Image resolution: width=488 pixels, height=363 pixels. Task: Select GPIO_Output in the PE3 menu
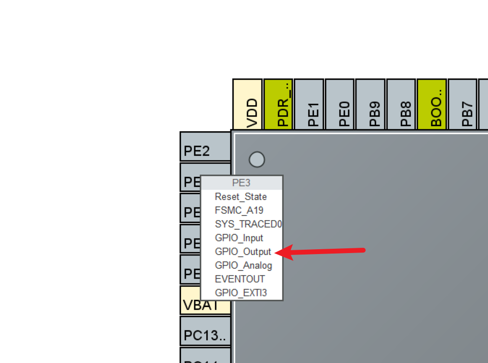[x=243, y=252]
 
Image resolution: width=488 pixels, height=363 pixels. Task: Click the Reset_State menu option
[x=240, y=197]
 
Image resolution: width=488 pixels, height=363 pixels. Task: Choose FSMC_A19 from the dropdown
[x=239, y=210]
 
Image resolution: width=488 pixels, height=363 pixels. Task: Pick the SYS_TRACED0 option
[x=248, y=224]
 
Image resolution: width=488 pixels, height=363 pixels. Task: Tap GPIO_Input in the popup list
[x=239, y=238]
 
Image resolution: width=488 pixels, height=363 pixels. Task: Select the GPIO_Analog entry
[x=243, y=266]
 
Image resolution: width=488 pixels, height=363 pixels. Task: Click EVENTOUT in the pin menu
[x=239, y=279]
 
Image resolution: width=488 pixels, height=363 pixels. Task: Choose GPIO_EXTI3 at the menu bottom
[x=241, y=293]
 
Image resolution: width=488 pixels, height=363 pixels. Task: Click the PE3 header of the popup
[x=241, y=183]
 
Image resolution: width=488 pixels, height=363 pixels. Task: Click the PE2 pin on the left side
[x=205, y=147]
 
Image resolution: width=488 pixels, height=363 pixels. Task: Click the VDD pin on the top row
[x=248, y=105]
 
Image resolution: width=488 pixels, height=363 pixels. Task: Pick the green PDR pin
[x=278, y=105]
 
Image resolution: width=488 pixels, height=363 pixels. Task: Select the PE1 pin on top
[x=309, y=105]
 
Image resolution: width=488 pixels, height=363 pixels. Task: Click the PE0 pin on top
[x=340, y=105]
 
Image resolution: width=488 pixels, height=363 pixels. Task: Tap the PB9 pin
[x=370, y=105]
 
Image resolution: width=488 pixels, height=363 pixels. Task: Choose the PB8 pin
[x=401, y=105]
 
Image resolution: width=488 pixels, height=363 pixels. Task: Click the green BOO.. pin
[x=432, y=105]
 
